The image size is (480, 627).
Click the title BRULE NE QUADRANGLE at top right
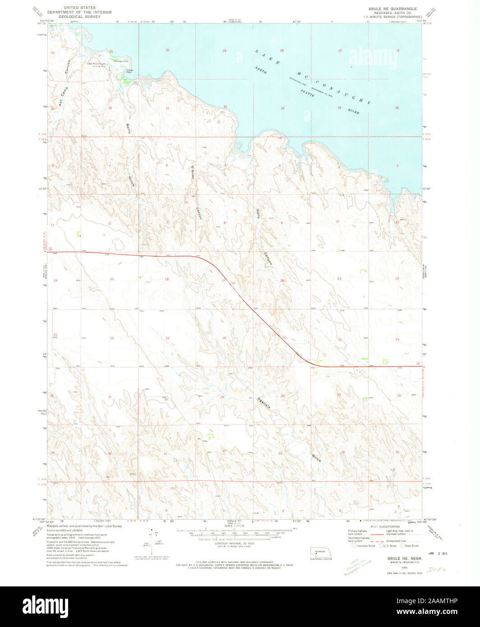pos(392,9)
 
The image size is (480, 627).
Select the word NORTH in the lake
pos(260,70)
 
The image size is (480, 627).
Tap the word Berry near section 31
pos(129,128)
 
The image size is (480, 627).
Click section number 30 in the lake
pos(167,50)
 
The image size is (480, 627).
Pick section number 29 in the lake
pos(224,51)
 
